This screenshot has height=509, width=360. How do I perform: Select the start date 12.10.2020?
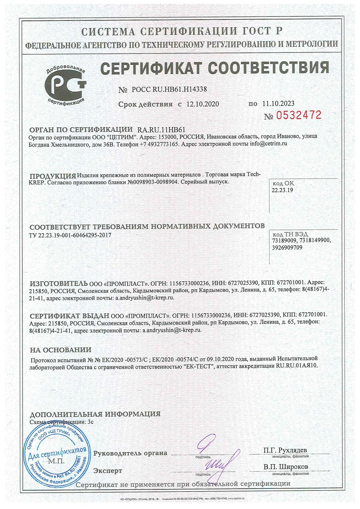point(202,104)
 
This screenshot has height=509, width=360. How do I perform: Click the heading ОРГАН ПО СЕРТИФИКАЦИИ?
point(81,130)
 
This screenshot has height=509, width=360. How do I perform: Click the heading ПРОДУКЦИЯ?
point(53,176)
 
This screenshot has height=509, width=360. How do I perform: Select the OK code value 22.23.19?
point(282,190)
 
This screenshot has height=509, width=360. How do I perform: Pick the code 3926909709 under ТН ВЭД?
point(287,248)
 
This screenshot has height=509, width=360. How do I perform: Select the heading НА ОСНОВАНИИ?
point(61,349)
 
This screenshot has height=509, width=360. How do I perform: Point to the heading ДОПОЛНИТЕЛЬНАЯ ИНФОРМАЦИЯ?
point(95,414)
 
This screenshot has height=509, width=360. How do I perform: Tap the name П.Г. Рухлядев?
point(285,451)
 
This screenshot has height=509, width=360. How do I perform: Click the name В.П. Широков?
point(286,467)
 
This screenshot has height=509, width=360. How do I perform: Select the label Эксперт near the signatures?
point(108,471)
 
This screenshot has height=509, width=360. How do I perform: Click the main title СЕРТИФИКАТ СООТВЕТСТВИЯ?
point(214,68)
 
